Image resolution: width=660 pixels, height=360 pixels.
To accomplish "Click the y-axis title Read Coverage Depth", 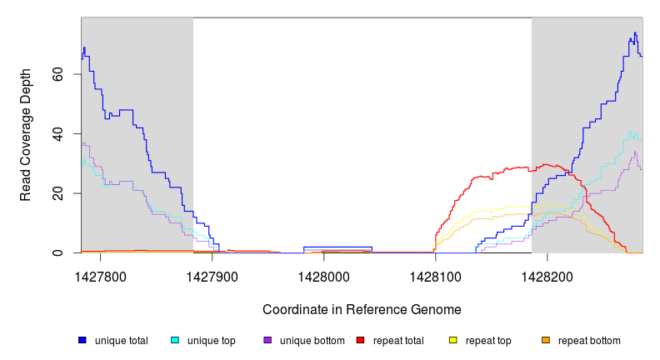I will [26, 135].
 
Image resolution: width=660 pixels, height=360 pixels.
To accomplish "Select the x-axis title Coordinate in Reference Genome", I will [362, 309].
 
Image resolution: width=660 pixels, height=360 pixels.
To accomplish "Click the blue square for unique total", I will [82, 340].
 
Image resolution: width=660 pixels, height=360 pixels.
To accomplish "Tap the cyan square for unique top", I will [175, 340].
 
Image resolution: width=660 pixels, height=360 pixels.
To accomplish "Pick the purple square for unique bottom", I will [267, 340].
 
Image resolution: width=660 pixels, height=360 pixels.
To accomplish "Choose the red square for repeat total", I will [361, 340].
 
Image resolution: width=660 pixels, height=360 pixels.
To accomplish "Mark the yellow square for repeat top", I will [453, 340].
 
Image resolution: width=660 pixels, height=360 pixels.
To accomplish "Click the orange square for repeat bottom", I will [546, 340].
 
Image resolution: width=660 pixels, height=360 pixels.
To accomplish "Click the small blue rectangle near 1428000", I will [337, 249].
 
